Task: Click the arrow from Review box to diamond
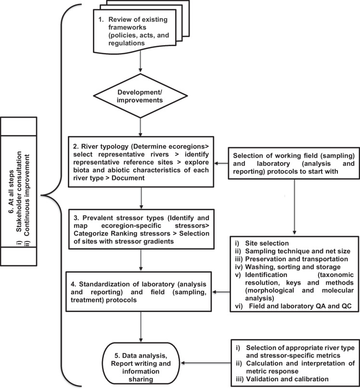[140, 71]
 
